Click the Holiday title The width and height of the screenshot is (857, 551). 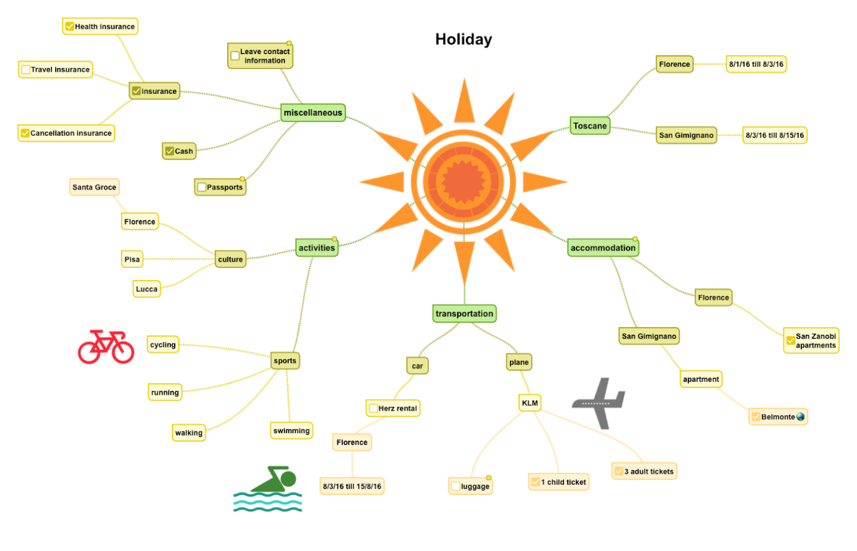pyautogui.click(x=464, y=40)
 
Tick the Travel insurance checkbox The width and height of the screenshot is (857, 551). pyautogui.click(x=26, y=70)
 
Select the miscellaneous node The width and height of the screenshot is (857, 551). pyautogui.click(x=313, y=113)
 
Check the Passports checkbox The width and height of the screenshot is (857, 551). pyautogui.click(x=202, y=187)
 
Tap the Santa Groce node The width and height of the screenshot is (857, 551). pyautogui.click(x=94, y=187)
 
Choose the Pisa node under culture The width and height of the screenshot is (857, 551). pyautogui.click(x=132, y=259)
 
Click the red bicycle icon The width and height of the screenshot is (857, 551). pyautogui.click(x=106, y=346)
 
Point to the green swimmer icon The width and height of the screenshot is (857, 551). pyautogui.click(x=268, y=489)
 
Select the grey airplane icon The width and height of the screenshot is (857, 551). pyautogui.click(x=599, y=403)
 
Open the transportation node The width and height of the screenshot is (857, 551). pyautogui.click(x=464, y=313)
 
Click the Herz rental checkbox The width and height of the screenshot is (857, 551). pyautogui.click(x=373, y=408)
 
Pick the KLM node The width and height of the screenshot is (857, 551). pyautogui.click(x=529, y=403)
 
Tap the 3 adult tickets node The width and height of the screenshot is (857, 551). pyautogui.click(x=644, y=471)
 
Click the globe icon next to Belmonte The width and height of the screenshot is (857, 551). pyautogui.click(x=801, y=417)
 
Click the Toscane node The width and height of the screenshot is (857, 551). pyautogui.click(x=590, y=126)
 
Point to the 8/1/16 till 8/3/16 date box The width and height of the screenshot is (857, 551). pyautogui.click(x=756, y=64)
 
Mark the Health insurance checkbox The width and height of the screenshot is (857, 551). pyautogui.click(x=70, y=26)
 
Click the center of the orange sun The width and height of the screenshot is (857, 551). pyautogui.click(x=463, y=182)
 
